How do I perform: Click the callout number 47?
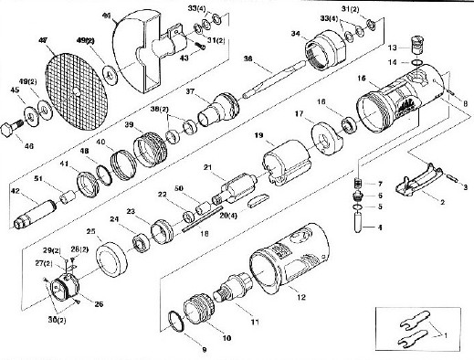click(x=42, y=41)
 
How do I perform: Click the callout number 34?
click(x=295, y=32)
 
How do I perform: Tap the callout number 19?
click(x=259, y=136)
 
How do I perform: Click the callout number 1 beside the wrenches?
click(x=447, y=334)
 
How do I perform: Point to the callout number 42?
click(x=14, y=191)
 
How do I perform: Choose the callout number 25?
click(x=91, y=232)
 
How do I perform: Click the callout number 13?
click(x=390, y=46)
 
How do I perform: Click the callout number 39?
click(x=130, y=125)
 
